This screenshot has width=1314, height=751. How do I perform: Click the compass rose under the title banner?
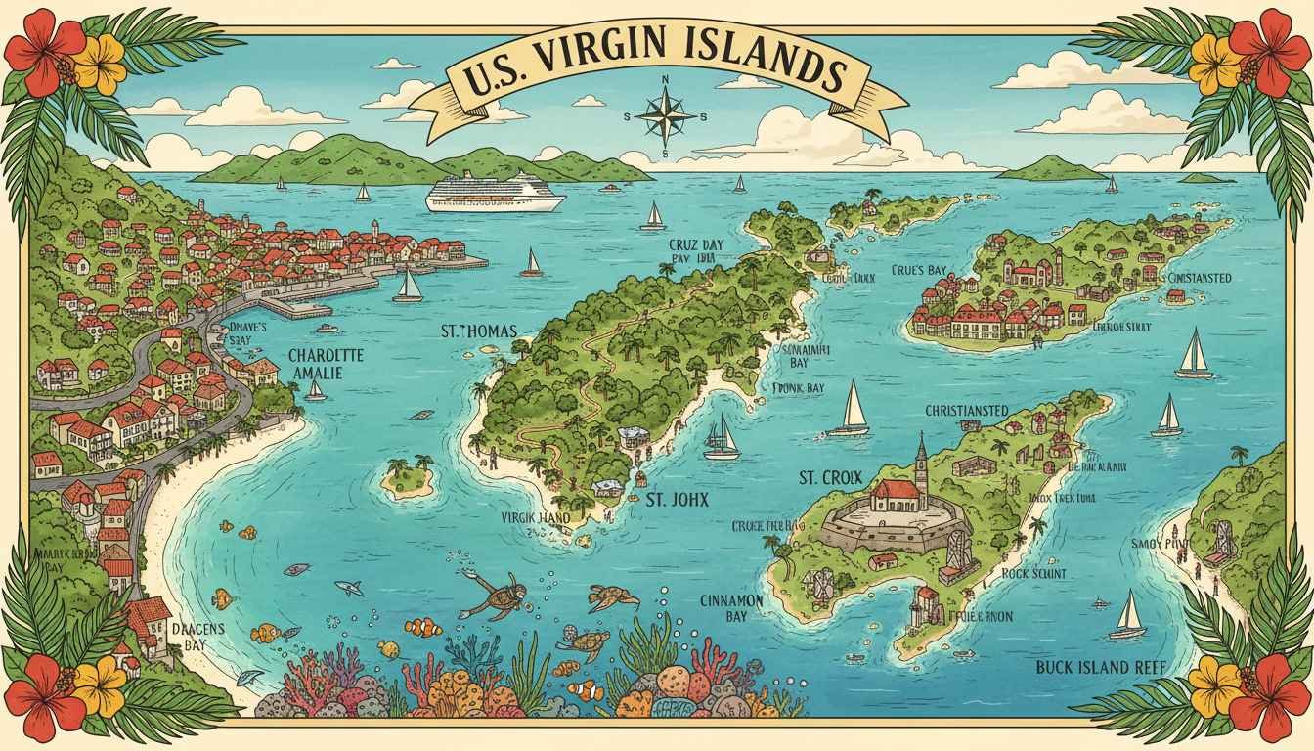[665, 113]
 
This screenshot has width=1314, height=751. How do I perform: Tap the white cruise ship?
[496, 193]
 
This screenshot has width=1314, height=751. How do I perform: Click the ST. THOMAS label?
[479, 331]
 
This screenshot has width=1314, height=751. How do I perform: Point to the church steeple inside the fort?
[920, 458]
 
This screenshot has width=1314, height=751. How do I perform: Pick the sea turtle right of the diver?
[613, 596]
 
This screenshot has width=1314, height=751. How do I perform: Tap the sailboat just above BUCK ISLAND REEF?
[1129, 615]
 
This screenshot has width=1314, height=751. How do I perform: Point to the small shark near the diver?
[348, 588]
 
